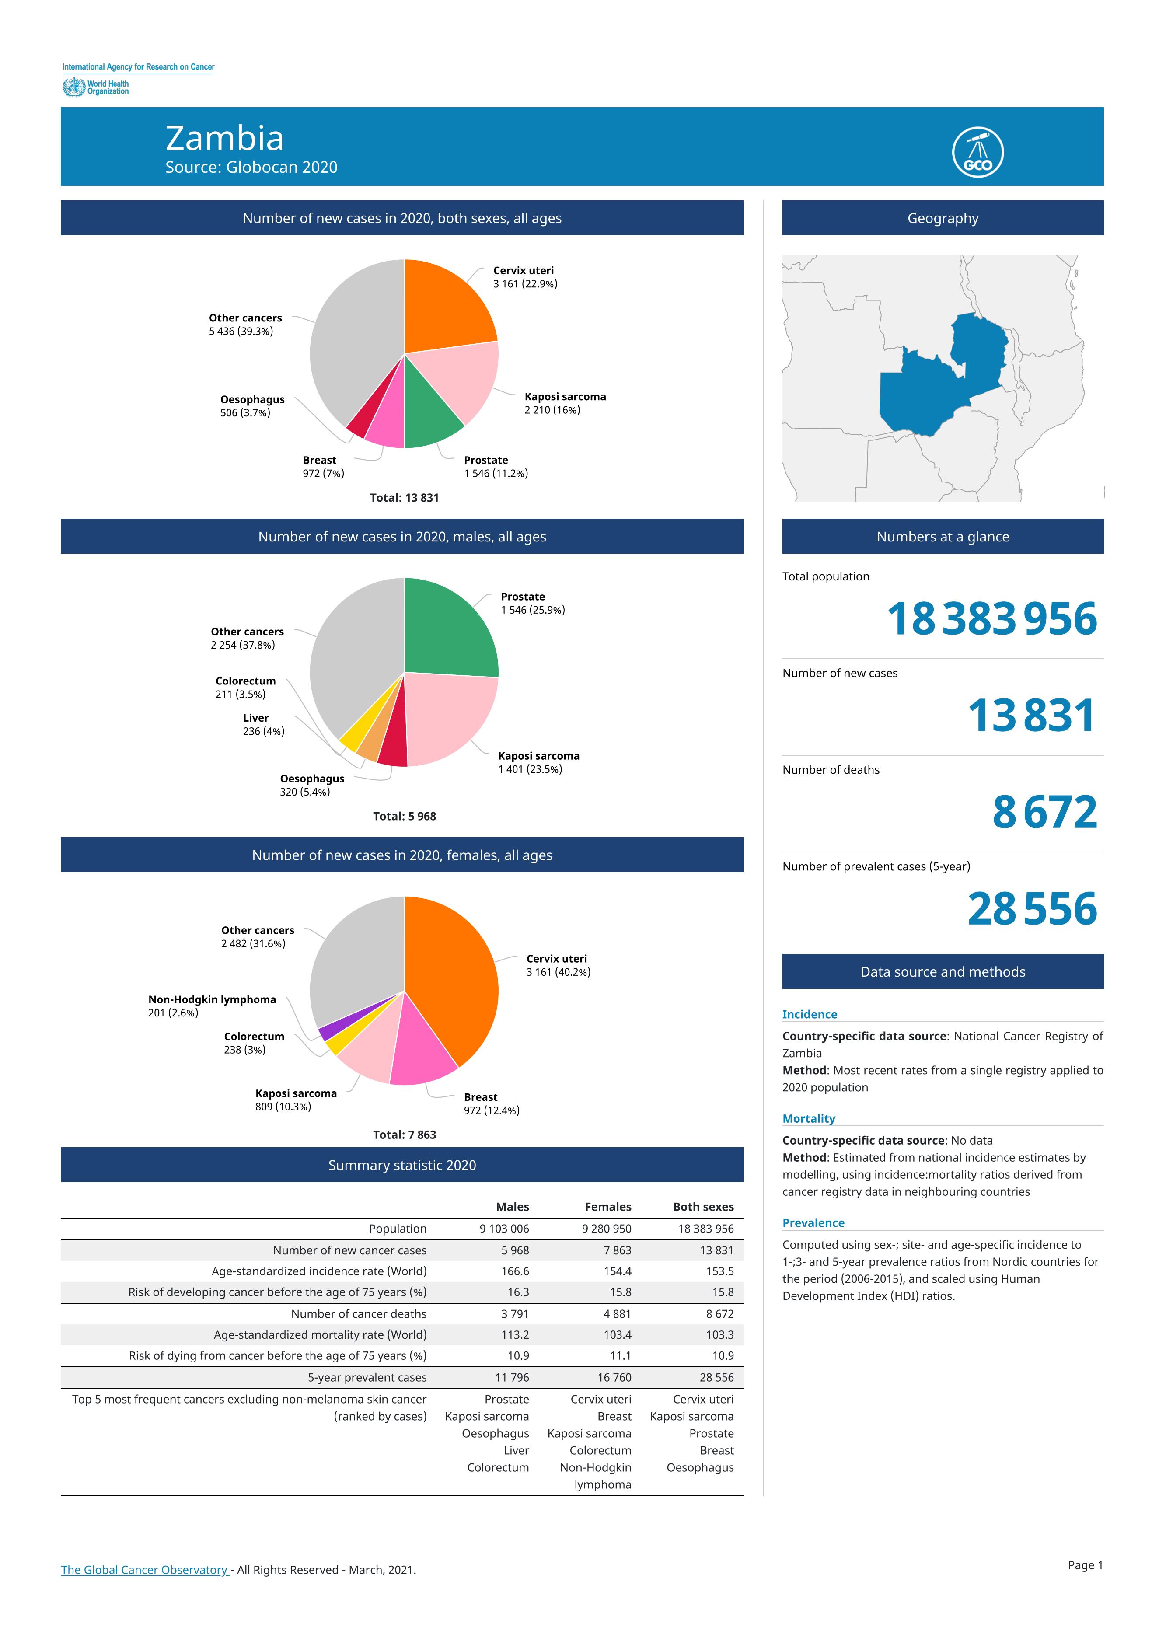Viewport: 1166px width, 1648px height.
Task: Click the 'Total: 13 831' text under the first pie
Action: (x=404, y=498)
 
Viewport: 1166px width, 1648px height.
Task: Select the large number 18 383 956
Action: (x=992, y=618)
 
